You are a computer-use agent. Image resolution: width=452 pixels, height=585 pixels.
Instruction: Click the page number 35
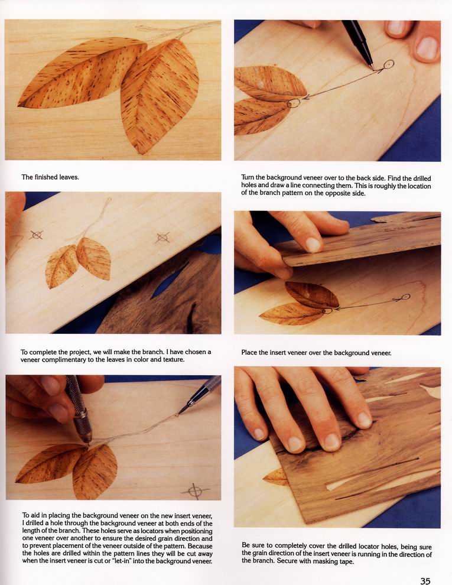pos(425,581)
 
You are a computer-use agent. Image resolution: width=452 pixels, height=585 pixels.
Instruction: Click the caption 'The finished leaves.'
pos(50,177)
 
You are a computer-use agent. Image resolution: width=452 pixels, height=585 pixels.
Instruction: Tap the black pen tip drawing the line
pos(372,68)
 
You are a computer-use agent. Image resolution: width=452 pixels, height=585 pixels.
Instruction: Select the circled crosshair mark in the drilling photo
pos(194,491)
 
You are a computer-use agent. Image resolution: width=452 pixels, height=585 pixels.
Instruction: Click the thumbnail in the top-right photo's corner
pos(427,48)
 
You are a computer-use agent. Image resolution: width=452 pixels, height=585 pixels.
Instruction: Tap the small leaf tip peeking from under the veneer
pos(275,477)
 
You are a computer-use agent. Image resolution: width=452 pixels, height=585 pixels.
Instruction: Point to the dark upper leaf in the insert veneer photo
pos(312,294)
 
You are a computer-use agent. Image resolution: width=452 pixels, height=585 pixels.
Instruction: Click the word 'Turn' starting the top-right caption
pos(248,178)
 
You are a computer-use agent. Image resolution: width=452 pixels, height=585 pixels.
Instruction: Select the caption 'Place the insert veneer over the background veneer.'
pos(316,353)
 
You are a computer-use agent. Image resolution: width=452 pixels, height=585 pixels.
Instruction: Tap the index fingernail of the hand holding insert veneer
pos(313,245)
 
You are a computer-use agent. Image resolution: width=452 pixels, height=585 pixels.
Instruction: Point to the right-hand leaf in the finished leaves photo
pos(160,95)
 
